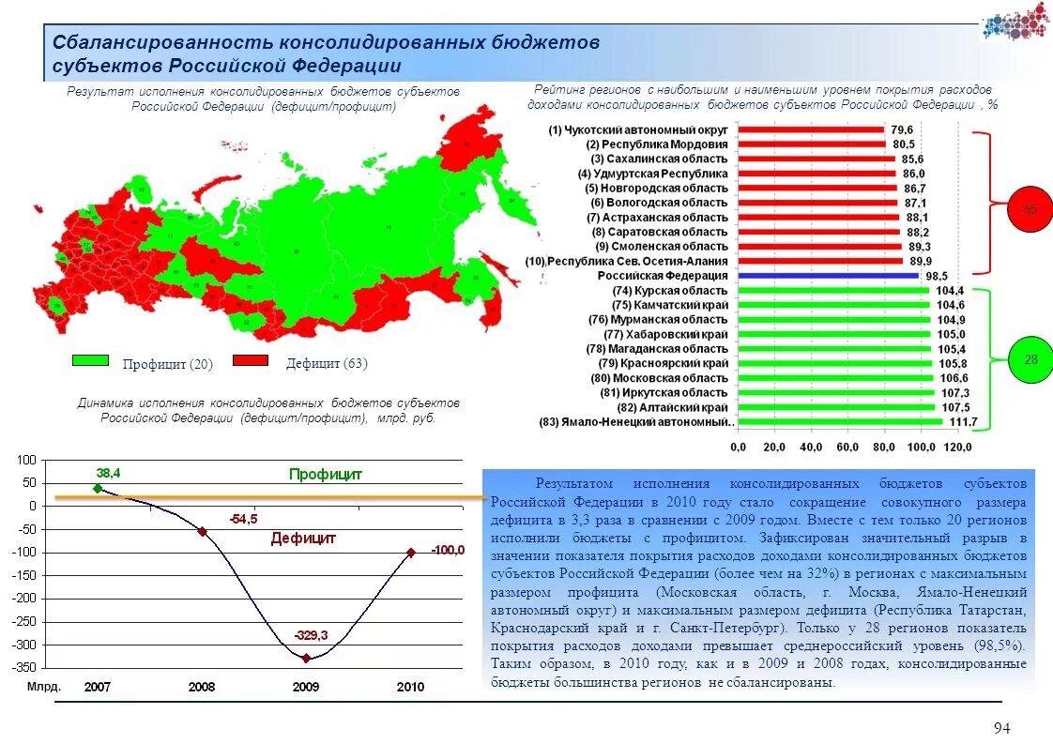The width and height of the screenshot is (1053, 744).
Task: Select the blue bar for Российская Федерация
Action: click(x=828, y=276)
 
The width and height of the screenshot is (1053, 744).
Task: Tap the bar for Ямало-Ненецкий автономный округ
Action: click(x=840, y=422)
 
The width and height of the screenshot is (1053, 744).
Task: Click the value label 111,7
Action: click(x=963, y=422)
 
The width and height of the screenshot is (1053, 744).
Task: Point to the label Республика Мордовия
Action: click(x=657, y=144)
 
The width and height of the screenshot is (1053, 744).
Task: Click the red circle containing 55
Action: click(x=1030, y=209)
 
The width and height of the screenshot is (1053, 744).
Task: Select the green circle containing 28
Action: click(x=1030, y=359)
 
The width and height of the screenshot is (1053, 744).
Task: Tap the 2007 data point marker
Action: click(x=98, y=488)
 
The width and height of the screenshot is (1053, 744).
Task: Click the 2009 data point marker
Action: click(x=306, y=658)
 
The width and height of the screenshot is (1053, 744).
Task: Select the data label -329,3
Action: click(x=310, y=636)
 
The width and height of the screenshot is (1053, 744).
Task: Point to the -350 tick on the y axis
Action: click(x=24, y=667)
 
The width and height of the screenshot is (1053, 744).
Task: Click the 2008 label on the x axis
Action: click(x=202, y=687)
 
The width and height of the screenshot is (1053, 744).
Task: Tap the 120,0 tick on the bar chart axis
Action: click(x=957, y=447)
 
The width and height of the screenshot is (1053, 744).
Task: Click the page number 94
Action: click(x=1001, y=729)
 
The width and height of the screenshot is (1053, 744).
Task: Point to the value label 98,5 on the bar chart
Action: click(x=937, y=276)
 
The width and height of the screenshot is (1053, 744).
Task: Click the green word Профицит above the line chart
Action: click(x=326, y=475)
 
